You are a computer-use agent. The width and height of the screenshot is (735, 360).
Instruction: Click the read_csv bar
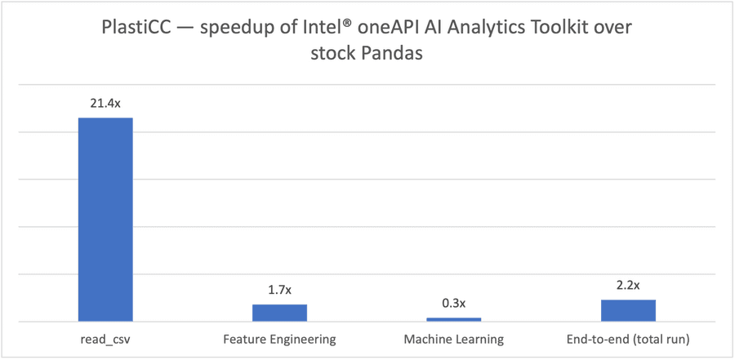[x=105, y=220]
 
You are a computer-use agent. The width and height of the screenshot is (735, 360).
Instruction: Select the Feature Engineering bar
[x=279, y=313]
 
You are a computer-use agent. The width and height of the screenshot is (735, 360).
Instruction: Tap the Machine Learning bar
[x=454, y=319]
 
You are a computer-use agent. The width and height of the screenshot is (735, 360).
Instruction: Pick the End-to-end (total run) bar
[x=628, y=311]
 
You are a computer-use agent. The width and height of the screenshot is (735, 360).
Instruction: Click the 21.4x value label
[x=105, y=104]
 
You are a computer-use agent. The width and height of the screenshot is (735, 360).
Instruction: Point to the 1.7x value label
[x=279, y=291]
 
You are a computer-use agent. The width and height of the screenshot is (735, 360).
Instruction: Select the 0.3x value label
[x=454, y=304]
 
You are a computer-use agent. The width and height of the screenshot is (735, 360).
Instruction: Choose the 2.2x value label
[x=628, y=286]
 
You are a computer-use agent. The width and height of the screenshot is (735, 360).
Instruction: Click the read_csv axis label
[x=105, y=339]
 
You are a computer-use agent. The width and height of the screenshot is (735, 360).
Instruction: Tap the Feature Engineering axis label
[x=279, y=339]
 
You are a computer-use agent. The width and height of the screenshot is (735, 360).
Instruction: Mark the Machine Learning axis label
[x=454, y=339]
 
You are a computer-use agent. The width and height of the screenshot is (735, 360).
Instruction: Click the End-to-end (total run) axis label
[x=628, y=339]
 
